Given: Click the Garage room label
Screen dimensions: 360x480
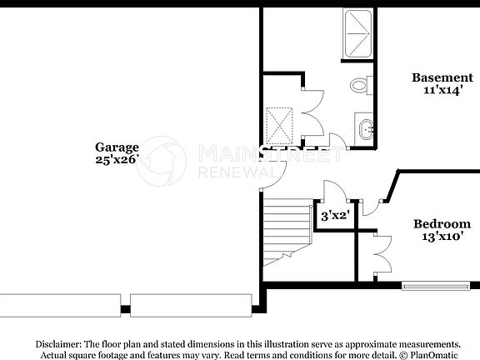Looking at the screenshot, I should [116, 147].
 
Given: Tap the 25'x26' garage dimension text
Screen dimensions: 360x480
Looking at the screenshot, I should [116, 159].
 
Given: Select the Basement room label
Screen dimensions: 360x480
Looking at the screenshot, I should [442, 77].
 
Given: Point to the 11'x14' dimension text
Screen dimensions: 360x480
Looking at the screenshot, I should [442, 90].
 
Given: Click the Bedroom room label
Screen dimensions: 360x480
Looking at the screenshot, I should [442, 223].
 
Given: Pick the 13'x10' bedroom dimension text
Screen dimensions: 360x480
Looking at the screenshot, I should [442, 236].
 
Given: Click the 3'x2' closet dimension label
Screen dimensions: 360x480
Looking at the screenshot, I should [334, 215].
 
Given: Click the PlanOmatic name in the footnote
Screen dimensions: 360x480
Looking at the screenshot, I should [434, 354].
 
